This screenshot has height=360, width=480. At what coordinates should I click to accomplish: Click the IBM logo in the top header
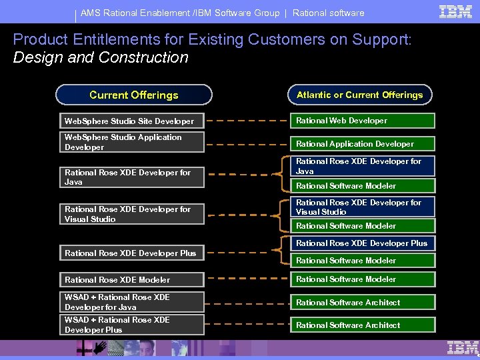click(456, 11)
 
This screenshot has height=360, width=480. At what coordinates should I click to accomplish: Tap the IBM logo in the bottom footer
click(463, 347)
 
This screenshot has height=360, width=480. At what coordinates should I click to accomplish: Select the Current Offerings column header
click(133, 95)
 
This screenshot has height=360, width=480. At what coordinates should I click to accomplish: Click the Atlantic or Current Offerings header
click(360, 95)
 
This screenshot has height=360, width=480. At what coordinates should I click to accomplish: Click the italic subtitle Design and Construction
click(101, 57)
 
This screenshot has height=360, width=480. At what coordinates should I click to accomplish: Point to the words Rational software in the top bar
click(328, 13)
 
